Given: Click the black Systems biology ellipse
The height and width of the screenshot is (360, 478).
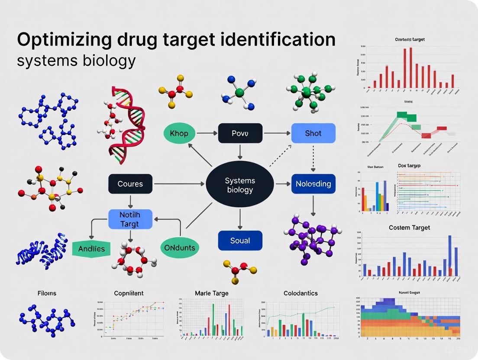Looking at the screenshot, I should (239, 185).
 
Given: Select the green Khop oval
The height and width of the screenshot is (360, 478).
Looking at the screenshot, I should (179, 133).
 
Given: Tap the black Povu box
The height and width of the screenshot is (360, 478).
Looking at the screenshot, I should (240, 133).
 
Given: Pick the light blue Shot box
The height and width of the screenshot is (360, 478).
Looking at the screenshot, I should (313, 133).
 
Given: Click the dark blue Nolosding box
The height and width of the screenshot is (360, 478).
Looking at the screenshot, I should (313, 184).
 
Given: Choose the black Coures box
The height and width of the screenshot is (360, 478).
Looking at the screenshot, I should (130, 184).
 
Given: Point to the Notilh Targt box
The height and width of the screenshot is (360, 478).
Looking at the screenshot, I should (130, 219).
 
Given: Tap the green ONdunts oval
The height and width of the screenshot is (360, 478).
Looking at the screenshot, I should (180, 248).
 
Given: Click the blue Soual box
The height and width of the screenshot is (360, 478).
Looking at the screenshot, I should (240, 241).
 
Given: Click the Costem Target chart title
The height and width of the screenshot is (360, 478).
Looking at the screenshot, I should (409, 228).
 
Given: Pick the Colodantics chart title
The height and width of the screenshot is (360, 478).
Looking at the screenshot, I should (300, 293).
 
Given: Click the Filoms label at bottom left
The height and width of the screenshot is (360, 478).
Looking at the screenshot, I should (46, 293).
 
